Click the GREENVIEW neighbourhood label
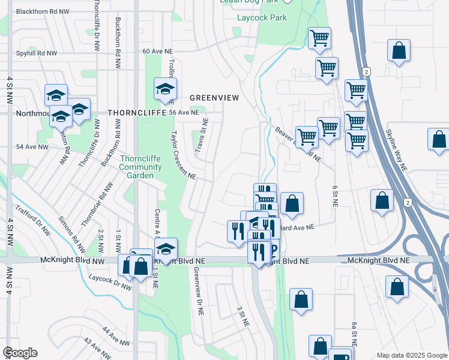click(x=214, y=97)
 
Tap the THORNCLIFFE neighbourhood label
click(x=131, y=112)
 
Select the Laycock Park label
click(x=261, y=17)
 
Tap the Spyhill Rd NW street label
click(x=37, y=53)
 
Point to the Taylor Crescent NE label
click(x=183, y=155)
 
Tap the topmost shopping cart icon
click(x=319, y=38)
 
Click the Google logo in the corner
click(x=20, y=353)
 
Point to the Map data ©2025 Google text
click(x=411, y=355)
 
